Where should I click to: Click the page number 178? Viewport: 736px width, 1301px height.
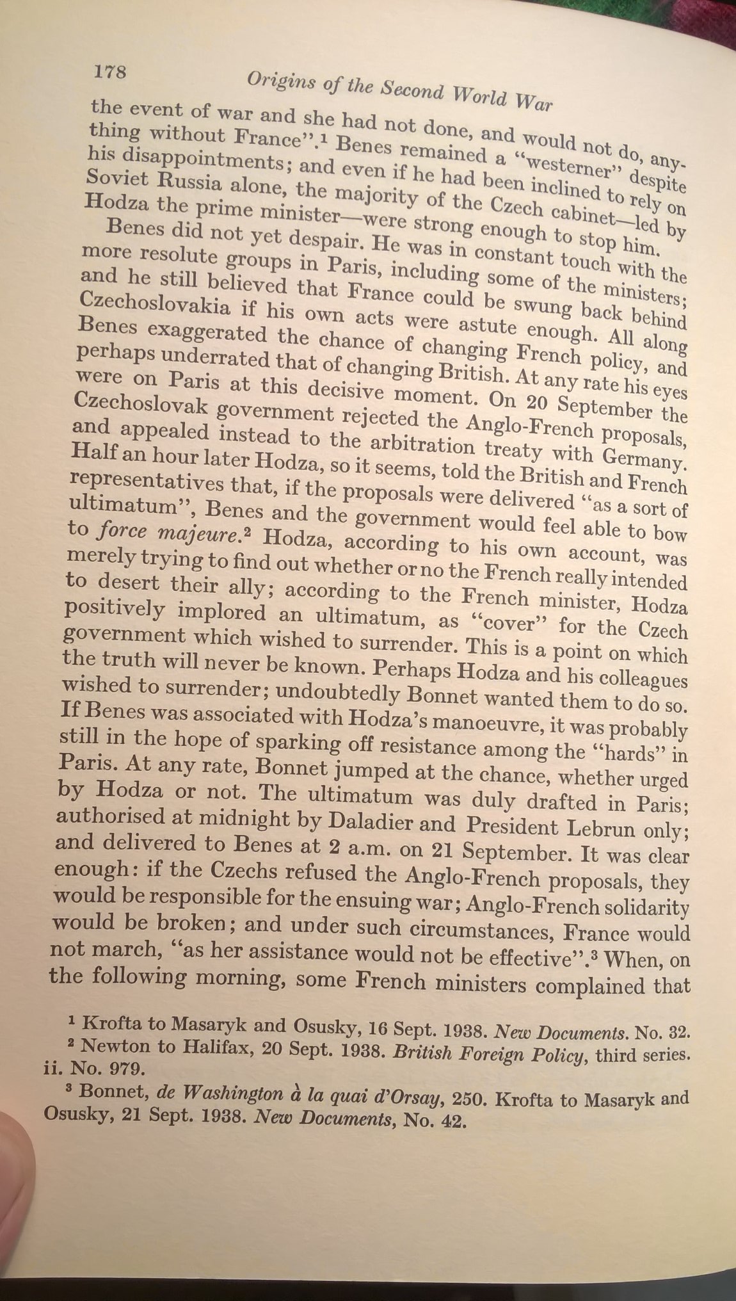[110, 71]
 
